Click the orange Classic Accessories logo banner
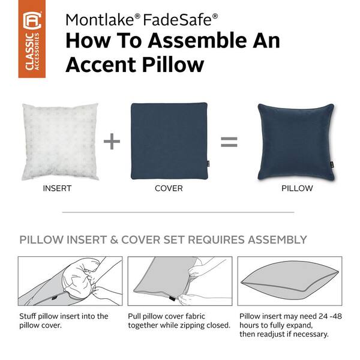(32, 39)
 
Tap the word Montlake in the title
(100, 20)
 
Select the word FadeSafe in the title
(177, 20)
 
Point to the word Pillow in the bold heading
(173, 65)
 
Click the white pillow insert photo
(60, 142)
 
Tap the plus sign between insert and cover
(112, 141)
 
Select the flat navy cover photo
(169, 141)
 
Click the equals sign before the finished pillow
(229, 142)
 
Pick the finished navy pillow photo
(296, 142)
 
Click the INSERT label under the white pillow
(57, 188)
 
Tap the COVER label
(169, 188)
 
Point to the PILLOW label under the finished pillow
(297, 188)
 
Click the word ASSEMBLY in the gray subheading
(277, 240)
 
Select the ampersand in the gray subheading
(114, 240)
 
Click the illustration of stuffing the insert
(70, 281)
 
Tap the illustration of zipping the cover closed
(180, 281)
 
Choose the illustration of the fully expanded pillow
(290, 281)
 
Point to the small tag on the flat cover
(208, 163)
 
